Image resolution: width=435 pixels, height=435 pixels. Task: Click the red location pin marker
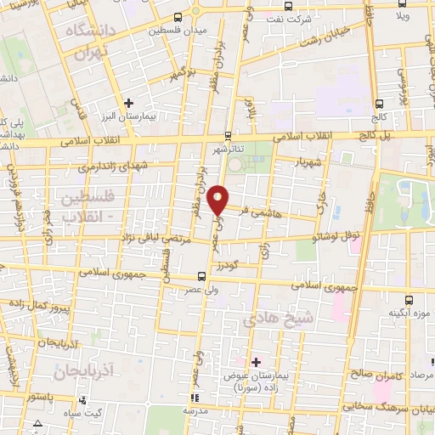[x=218, y=200]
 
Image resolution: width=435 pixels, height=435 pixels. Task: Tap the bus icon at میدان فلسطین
[x=177, y=17]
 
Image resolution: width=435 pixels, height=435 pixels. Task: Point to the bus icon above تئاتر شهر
[x=228, y=136]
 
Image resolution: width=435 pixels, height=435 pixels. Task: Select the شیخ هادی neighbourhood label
[x=272, y=318]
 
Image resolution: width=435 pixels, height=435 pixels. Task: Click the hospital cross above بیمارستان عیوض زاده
[x=256, y=361]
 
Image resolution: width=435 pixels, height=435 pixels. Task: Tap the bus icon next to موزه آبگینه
[x=410, y=300]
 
